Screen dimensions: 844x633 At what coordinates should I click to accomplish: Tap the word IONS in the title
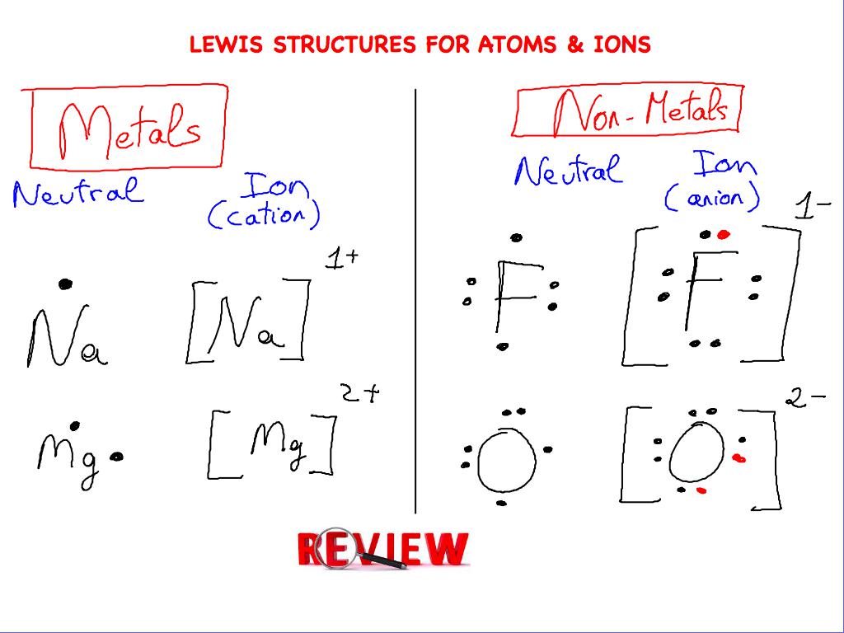point(622,45)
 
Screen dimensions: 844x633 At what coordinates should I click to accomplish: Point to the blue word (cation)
point(263,215)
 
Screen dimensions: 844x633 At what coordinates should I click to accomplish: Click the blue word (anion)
point(713,198)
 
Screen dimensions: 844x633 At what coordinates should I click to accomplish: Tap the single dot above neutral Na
point(65,284)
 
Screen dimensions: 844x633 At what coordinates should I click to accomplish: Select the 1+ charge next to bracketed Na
point(341,259)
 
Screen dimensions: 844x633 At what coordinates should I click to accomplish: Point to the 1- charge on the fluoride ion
point(812,207)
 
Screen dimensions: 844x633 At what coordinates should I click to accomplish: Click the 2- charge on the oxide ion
point(804,400)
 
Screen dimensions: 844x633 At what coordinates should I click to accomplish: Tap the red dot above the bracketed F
point(723,235)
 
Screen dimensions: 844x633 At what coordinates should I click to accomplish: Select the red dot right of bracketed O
point(738,458)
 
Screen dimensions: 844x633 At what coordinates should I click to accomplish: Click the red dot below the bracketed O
point(701,490)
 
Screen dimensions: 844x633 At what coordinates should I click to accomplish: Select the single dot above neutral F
point(516,238)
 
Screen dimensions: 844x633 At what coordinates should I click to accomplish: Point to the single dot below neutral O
point(501,503)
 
